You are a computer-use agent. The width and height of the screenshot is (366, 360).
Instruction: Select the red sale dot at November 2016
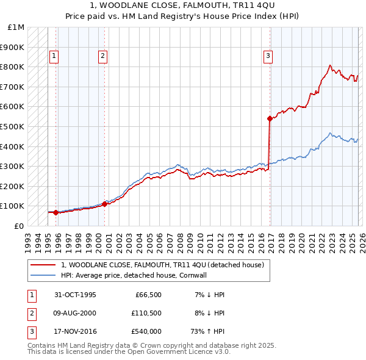(x=269, y=118)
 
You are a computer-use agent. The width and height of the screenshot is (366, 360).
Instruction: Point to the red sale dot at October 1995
(x=56, y=212)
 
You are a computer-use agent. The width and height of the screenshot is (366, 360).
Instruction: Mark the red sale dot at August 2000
(x=104, y=204)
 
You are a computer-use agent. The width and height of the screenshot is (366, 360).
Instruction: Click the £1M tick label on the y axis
(x=16, y=27)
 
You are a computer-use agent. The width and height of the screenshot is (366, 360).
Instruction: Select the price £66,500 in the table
(x=148, y=295)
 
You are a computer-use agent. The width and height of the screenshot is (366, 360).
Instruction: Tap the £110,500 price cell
(x=146, y=313)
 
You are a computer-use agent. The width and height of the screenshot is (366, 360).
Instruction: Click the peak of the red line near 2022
(x=330, y=65)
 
